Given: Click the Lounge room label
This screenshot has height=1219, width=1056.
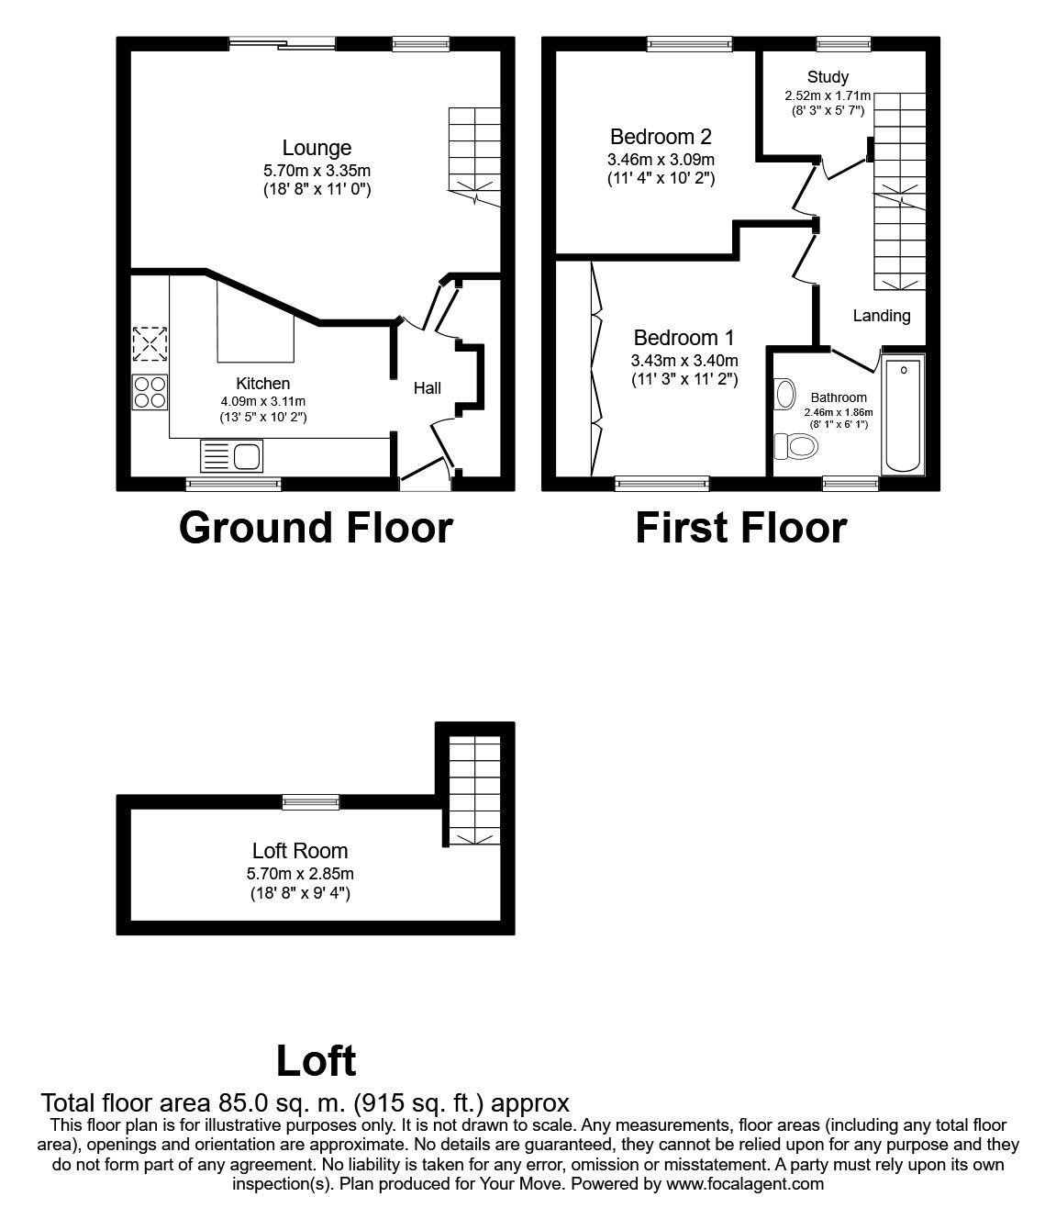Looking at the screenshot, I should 317,148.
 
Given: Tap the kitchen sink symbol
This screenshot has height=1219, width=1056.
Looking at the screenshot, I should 231,456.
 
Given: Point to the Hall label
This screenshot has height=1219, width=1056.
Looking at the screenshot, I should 427,388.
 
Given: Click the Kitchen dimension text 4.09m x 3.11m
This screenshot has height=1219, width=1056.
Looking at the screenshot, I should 262,401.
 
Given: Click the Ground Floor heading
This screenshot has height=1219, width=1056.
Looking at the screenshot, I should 316,528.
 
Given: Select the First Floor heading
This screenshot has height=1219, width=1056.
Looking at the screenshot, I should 740,528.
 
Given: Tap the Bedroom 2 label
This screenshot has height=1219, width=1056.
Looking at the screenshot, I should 661,137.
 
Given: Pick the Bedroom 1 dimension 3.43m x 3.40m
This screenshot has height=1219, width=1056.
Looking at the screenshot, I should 684,360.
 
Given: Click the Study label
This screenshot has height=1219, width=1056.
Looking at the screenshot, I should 828,77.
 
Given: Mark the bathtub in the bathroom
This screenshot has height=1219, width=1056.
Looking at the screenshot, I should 904,414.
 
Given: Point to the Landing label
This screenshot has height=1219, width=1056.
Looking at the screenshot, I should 882,316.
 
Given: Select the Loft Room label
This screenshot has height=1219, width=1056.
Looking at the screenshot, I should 300,851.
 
